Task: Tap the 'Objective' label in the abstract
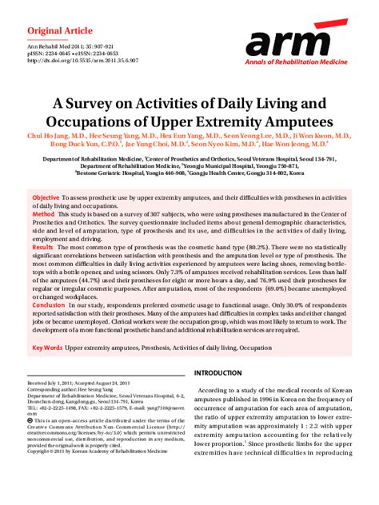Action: coord(45,197)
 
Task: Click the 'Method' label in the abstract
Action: coord(42,215)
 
